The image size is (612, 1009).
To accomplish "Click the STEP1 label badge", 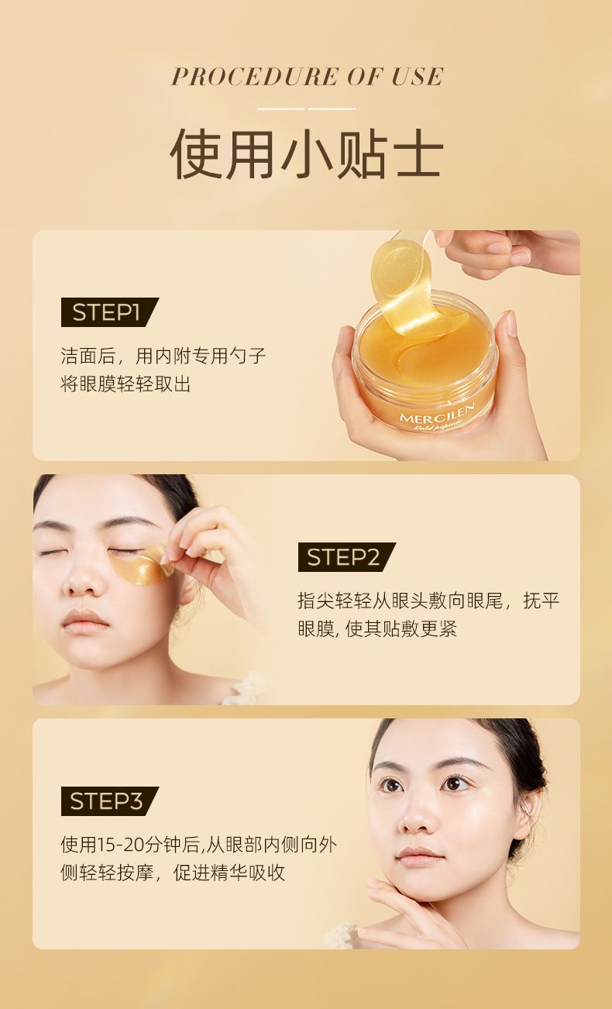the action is (109, 312).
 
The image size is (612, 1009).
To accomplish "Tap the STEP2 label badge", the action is (346, 557).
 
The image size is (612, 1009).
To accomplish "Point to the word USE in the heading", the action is (417, 77).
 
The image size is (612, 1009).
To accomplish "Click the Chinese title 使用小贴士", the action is (307, 153).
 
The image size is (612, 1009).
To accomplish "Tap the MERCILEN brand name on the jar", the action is (437, 413).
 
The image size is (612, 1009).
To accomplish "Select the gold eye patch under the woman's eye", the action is (142, 565).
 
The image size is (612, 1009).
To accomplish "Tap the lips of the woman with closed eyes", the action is (85, 620).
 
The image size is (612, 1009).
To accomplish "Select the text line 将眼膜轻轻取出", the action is (125, 384).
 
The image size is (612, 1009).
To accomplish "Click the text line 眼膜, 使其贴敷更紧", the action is (377, 628).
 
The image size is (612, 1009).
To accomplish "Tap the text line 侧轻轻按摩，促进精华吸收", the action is (173, 873).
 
